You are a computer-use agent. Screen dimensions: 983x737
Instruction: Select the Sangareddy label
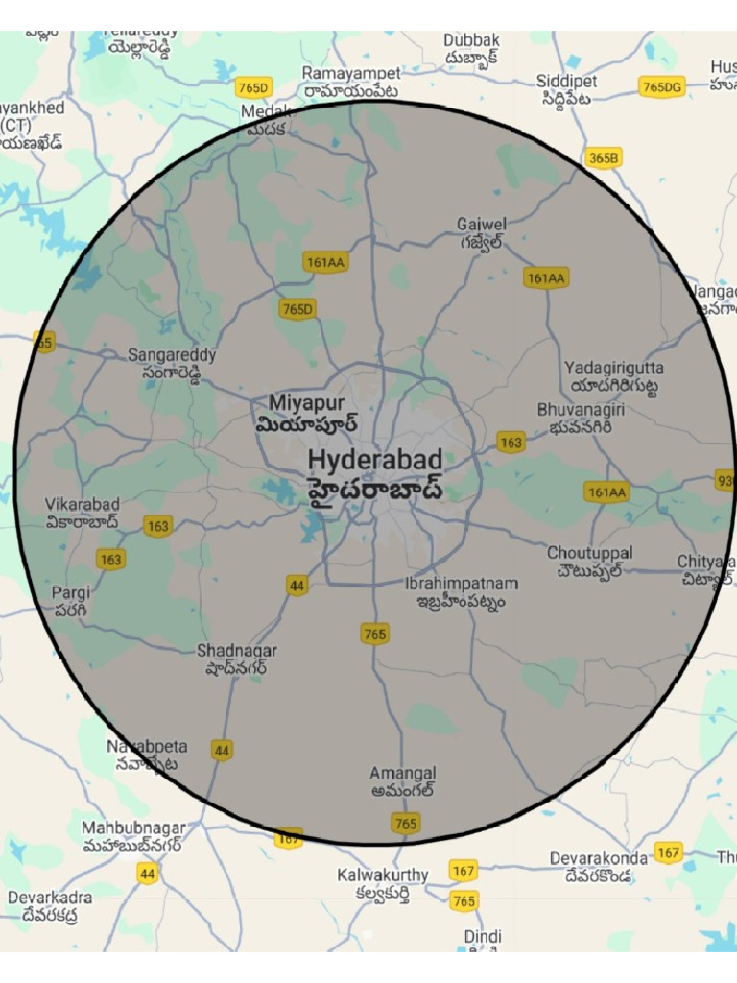coord(172,355)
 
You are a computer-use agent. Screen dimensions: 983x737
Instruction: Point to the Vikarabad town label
coord(83,505)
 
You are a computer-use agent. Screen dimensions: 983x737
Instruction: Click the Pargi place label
coord(71,592)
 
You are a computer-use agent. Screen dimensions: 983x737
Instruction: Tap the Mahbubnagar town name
coord(133,827)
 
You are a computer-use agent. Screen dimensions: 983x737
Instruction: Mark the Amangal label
coord(403,774)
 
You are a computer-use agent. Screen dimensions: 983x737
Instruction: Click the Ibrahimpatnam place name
coord(462,584)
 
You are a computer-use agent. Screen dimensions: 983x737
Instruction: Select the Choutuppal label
coord(589,554)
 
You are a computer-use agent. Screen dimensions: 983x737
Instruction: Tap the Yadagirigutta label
coord(613,369)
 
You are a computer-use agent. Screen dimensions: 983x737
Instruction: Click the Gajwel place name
coord(482,225)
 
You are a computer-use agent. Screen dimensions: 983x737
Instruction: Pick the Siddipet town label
coord(566,81)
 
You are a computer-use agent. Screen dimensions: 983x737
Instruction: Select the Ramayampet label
coord(351,73)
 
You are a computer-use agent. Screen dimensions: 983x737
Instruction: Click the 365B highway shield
coord(604,158)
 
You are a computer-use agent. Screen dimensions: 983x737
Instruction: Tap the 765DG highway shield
coord(662,87)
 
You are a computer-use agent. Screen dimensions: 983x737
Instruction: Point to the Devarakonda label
coord(599,858)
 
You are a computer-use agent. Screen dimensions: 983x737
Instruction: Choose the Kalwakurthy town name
coord(383,875)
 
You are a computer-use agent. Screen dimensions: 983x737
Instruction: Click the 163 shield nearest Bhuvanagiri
coord(511,443)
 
